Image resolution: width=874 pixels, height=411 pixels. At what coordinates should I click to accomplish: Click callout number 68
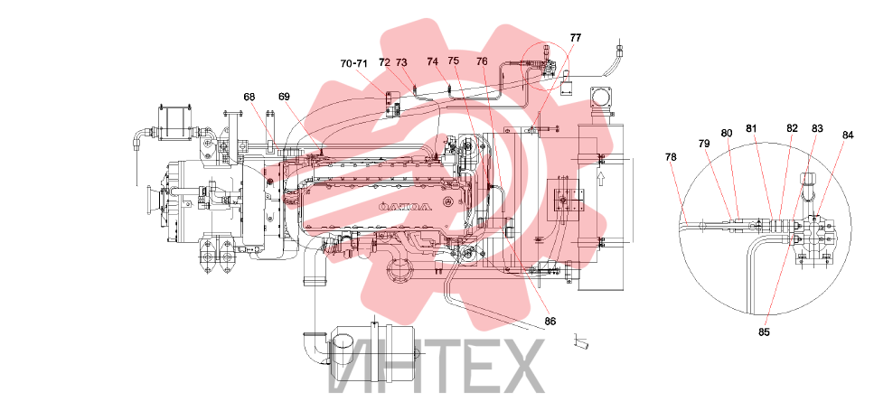pos(249,97)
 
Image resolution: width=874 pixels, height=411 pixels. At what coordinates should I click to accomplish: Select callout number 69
pos(285,97)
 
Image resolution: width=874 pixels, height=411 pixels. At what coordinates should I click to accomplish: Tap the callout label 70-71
pos(354,63)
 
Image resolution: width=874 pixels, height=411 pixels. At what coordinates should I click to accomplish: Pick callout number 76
pos(482,61)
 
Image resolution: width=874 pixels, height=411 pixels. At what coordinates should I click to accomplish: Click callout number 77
pos(575,38)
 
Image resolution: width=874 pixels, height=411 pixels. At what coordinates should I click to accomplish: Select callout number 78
pos(671,157)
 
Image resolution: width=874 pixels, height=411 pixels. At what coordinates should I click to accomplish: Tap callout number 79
pos(704,143)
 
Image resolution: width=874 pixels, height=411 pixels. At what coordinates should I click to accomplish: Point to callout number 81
pos(752,128)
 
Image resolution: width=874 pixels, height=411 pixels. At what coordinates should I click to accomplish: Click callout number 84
pos(848,135)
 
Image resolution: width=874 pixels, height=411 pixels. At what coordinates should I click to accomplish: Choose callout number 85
pos(764,332)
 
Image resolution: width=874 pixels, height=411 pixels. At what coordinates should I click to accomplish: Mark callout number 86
pos(550,322)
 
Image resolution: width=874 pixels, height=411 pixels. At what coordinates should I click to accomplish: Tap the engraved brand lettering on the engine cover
pos(405,207)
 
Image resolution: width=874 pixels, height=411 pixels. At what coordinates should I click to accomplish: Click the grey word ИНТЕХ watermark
pos(436,366)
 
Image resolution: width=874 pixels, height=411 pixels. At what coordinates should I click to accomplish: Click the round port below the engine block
pos(399,272)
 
